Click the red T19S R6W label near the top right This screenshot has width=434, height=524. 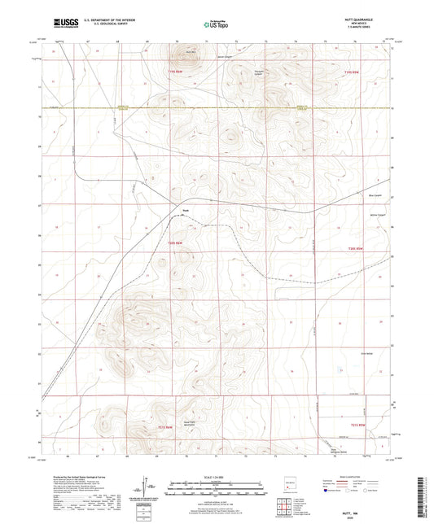click(x=350, y=72)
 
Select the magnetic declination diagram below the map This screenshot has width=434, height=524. click(x=151, y=487)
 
